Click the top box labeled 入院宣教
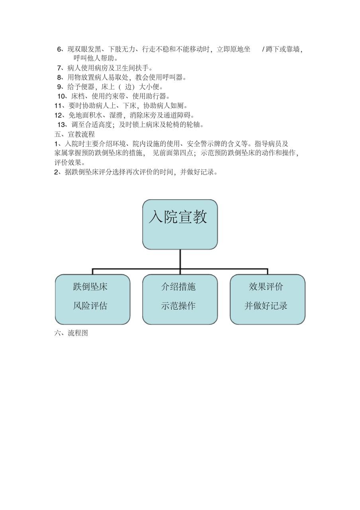[180, 224]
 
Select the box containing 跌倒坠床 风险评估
[93, 299]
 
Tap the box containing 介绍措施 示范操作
[180, 299]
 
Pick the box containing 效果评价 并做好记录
[268, 299]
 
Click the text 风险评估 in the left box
[90, 306]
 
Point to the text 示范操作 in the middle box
[178, 306]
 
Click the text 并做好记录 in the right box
[266, 306]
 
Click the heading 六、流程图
[71, 333]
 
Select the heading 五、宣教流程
[74, 134]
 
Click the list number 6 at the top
[59, 49]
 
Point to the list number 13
[61, 125]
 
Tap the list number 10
[61, 96]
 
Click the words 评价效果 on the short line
[68, 163]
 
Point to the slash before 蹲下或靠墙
[263, 49]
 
